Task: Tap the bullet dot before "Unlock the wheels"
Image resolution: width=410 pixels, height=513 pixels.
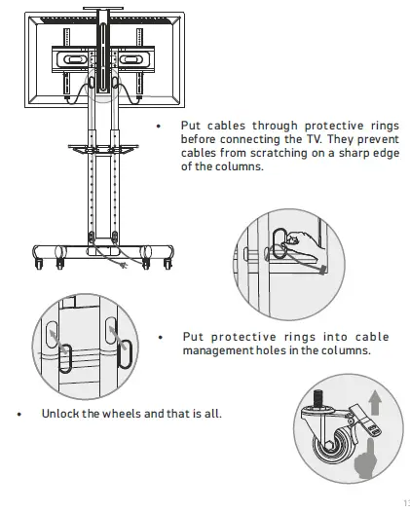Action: (19, 414)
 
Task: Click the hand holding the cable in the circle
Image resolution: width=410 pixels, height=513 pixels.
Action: (308, 239)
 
